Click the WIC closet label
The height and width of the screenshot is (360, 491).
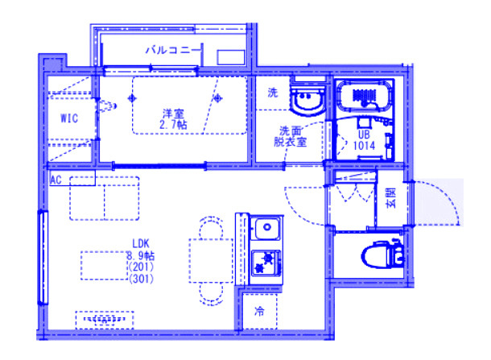coord(69,118)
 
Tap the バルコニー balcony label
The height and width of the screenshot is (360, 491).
coord(172,50)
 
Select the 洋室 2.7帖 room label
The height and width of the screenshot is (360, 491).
coord(173,119)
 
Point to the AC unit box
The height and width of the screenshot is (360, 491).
coord(72,178)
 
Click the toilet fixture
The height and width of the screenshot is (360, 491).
coord(382,254)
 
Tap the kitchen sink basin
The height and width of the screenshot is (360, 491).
coord(266,228)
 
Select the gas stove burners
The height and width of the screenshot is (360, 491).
coord(266,263)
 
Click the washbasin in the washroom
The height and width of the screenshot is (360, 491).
coord(307,99)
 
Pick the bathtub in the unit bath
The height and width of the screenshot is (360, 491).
coord(364,95)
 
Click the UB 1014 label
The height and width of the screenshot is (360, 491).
coord(364,140)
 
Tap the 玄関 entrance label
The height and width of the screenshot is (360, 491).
coord(391,197)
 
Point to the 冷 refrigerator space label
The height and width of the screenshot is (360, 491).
coord(260,311)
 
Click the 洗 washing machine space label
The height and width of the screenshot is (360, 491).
coord(273,93)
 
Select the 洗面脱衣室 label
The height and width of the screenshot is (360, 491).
coord(291,136)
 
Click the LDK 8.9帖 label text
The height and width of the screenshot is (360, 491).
coord(141,250)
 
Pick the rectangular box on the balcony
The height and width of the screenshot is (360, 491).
coord(231,58)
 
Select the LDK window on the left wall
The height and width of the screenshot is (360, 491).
coord(43,257)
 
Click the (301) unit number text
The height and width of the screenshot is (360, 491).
coord(141,278)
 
